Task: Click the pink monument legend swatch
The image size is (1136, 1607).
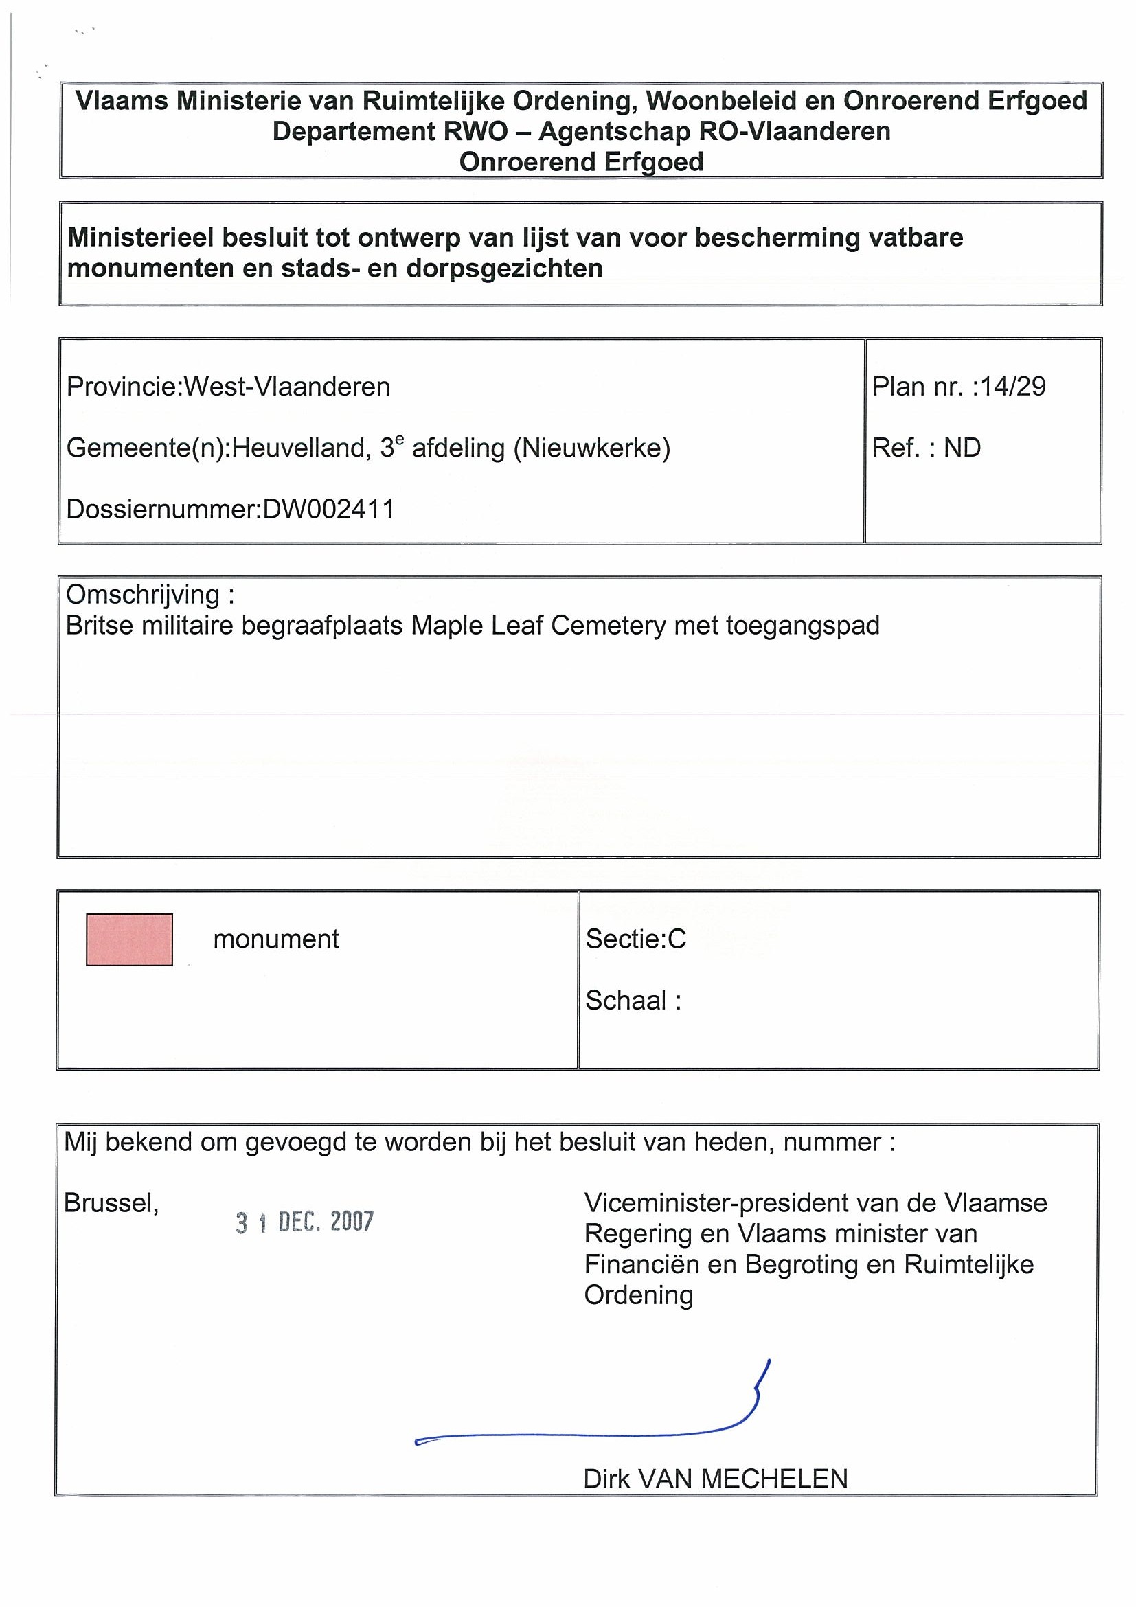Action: tap(130, 939)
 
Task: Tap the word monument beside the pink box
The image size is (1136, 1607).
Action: tap(276, 939)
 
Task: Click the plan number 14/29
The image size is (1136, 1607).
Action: tap(1013, 387)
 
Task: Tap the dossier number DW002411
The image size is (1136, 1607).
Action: tap(328, 509)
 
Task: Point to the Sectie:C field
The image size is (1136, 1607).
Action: tap(635, 939)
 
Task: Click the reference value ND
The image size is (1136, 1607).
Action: tap(962, 448)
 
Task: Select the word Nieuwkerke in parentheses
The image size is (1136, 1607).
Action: tap(592, 448)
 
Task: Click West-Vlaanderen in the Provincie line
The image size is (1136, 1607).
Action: tap(286, 387)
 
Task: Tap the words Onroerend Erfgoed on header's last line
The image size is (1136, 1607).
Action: tap(581, 162)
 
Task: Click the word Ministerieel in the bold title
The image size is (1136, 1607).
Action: tap(140, 238)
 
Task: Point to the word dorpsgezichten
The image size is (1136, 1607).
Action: tap(504, 269)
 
